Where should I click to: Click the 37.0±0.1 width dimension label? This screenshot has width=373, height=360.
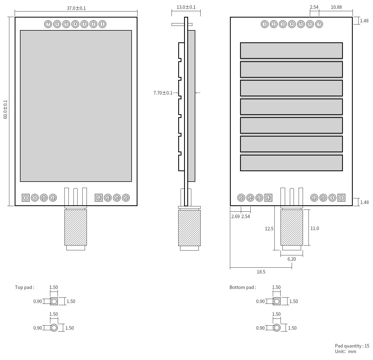click(76, 8)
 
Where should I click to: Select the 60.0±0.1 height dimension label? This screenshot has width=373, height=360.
click(6, 109)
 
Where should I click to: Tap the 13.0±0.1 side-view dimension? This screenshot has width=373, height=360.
click(186, 7)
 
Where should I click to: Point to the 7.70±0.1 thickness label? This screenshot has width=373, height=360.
click(163, 93)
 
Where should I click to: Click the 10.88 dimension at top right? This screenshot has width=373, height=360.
click(336, 7)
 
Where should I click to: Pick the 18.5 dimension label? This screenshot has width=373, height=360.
click(261, 272)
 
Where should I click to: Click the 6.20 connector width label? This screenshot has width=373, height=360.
click(291, 259)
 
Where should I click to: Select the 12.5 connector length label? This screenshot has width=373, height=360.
click(269, 229)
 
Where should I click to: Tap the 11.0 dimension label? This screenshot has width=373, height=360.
click(314, 228)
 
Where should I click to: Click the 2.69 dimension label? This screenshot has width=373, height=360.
click(235, 216)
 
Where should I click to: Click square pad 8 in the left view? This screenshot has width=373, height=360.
click(26, 198)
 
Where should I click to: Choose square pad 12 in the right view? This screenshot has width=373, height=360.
click(268, 198)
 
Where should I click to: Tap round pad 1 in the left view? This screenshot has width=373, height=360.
click(102, 24)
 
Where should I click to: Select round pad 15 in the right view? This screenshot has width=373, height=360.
click(241, 198)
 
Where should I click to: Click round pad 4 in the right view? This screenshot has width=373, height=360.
click(292, 24)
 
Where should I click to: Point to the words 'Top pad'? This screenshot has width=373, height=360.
click(24, 287)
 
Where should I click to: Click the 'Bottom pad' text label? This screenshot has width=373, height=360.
click(242, 287)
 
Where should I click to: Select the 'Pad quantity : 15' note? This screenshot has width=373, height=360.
click(352, 346)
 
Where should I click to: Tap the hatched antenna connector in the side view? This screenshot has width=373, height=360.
click(189, 228)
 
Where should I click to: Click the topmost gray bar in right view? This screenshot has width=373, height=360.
click(291, 51)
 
